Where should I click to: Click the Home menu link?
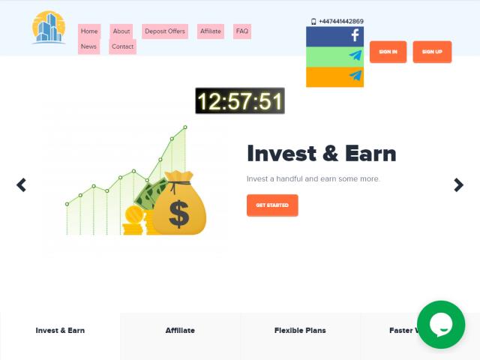[x=89, y=31]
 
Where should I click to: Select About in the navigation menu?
[x=121, y=31]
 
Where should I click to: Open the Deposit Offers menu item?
[x=165, y=31]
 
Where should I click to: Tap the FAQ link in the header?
[x=242, y=31]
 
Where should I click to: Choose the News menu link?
[x=88, y=46]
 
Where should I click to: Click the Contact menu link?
[x=122, y=46]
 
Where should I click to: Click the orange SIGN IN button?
[x=388, y=52]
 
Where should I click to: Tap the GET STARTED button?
[x=272, y=205]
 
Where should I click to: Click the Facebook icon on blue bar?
[x=355, y=35]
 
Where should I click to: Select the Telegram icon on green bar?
[x=355, y=55]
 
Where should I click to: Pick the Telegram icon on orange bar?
[x=355, y=75]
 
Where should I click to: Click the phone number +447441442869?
[x=341, y=22]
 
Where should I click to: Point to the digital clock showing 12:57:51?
[x=240, y=100]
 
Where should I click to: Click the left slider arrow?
[x=21, y=185]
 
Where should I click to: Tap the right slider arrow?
[x=458, y=185]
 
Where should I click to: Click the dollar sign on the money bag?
[x=178, y=214]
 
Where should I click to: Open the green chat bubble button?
[x=441, y=325]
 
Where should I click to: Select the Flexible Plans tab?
[x=300, y=331]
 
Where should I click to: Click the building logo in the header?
[x=49, y=28]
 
